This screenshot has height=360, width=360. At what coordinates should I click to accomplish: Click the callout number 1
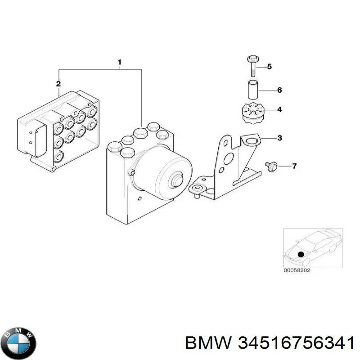120,62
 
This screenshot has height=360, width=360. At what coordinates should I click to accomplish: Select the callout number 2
58,84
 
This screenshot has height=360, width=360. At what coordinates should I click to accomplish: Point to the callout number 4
279,109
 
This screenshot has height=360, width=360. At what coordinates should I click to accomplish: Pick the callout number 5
270,67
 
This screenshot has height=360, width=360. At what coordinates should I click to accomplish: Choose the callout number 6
279,90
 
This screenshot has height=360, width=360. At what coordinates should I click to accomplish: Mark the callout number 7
294,166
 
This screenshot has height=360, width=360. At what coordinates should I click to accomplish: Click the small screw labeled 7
271,166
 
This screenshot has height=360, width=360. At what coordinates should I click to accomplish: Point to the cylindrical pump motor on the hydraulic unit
164,171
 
